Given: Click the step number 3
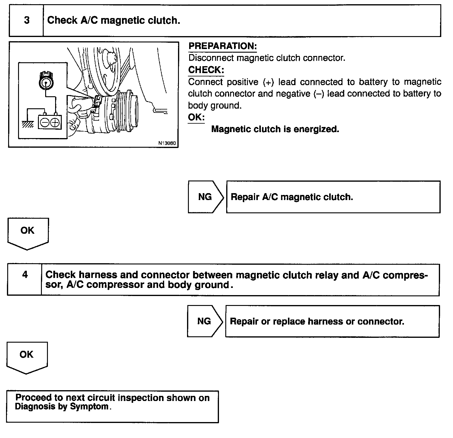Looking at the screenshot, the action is click(x=27, y=20).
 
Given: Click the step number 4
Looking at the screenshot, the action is click(x=25, y=275).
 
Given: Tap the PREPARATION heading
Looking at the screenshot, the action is click(x=223, y=46).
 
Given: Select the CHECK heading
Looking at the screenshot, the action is click(x=206, y=70).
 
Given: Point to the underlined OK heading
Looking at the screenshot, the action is click(x=196, y=117).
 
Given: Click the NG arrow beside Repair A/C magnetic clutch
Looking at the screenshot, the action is click(x=206, y=197).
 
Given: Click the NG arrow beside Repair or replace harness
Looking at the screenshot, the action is click(x=205, y=321).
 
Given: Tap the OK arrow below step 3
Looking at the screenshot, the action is click(x=27, y=234).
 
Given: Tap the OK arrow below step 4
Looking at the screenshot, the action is click(x=27, y=358).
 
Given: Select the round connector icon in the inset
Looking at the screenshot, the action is click(x=45, y=81).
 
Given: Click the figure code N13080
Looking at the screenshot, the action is click(x=167, y=143).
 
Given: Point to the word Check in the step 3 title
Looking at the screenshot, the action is click(x=62, y=20).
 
